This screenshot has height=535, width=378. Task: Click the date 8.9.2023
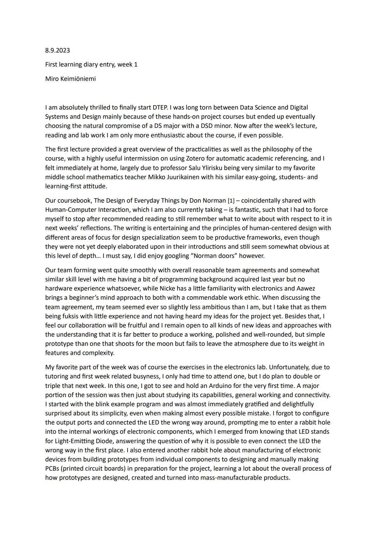(57, 50)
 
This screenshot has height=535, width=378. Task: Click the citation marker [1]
(231, 201)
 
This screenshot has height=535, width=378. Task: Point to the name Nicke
(168, 288)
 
